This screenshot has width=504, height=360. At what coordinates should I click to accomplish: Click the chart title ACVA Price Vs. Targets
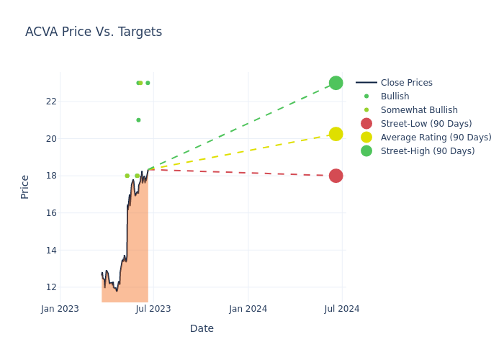pos(94,32)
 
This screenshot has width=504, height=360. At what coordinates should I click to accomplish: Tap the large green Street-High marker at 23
pos(336,83)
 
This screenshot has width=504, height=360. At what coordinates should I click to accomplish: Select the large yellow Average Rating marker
pos(336,134)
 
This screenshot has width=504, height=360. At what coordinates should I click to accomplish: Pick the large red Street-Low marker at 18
pos(336,176)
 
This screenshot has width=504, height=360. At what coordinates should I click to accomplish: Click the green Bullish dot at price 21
pos(138,120)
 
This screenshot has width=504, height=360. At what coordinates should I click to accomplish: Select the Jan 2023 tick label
pos(60,309)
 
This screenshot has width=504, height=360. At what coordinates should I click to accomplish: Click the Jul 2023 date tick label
pos(153,309)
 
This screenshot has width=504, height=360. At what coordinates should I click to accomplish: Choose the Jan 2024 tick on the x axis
pos(248,309)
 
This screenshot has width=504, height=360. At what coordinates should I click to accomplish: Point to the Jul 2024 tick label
pos(342,309)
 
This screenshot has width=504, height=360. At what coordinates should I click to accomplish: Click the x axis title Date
pos(202,328)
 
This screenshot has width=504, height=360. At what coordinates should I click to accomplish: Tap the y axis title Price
pos(25,186)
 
